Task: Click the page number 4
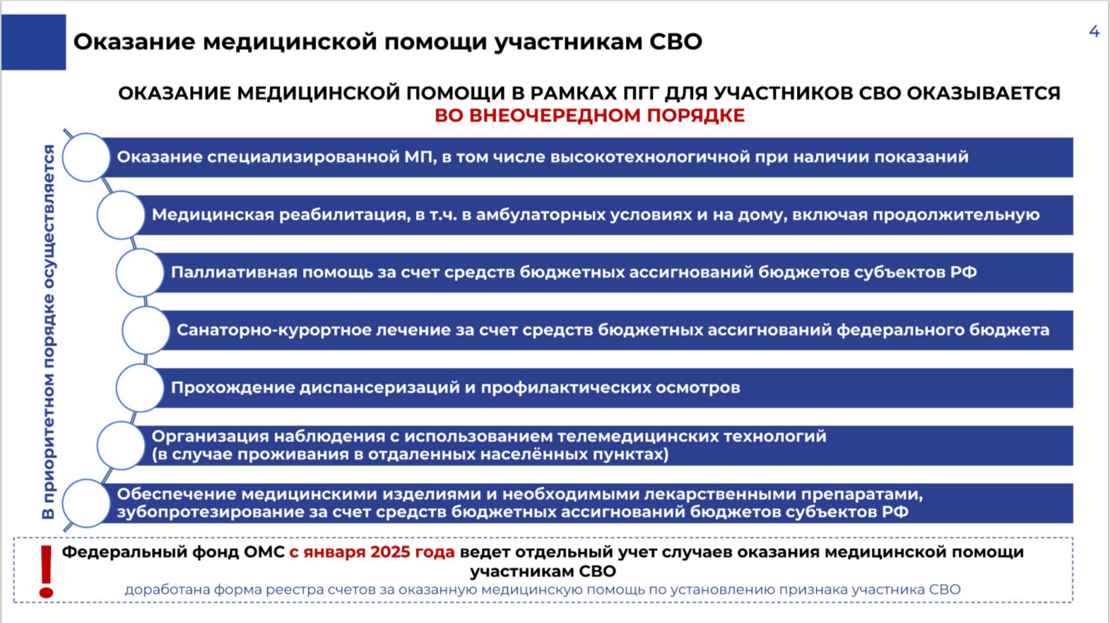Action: pyautogui.click(x=1094, y=32)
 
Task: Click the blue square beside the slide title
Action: pyautogui.click(x=34, y=42)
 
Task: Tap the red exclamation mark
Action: pyautogui.click(x=46, y=572)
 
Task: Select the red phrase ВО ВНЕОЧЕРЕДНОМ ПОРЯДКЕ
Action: pyautogui.click(x=590, y=115)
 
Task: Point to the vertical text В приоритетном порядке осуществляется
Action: pyautogui.click(x=49, y=332)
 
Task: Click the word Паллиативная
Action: pyautogui.click(x=234, y=272)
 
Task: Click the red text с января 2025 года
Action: pyautogui.click(x=372, y=552)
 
